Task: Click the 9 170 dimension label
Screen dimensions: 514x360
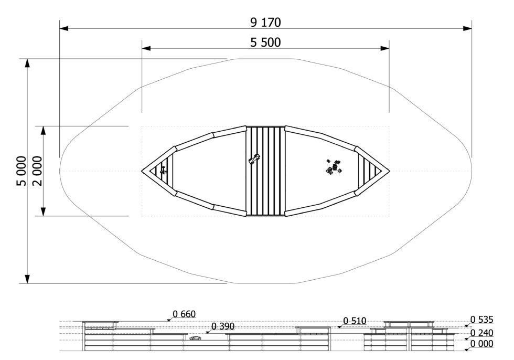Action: pos(265,22)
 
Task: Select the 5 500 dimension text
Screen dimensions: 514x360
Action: pos(265,43)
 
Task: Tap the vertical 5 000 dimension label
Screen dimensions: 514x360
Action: pos(22,171)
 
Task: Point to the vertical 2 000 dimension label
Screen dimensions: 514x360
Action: pos(37,171)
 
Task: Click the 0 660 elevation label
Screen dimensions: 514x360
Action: pos(184,314)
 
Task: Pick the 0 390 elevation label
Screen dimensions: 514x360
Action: pos(223,326)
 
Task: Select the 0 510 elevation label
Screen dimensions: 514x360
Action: pos(355,321)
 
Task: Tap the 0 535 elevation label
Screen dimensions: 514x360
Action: pos(482,320)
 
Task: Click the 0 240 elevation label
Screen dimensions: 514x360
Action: pos(482,333)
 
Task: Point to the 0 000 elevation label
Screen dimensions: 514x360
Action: pos(482,344)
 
